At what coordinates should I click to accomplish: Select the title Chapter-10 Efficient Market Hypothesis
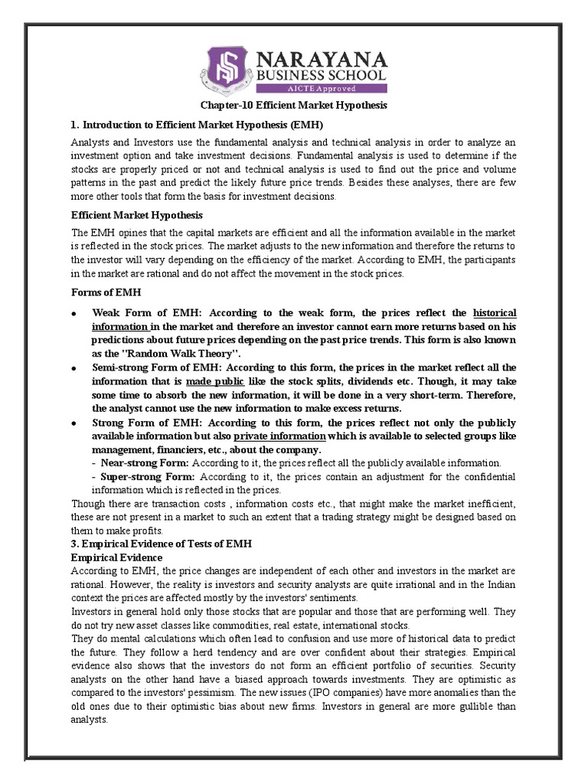(x=294, y=105)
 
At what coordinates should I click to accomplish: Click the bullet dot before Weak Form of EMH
(x=74, y=314)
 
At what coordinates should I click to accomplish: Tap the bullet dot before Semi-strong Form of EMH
(x=74, y=368)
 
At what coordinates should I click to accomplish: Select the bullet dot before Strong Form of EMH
(x=74, y=423)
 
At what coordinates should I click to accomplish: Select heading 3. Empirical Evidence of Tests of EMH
(x=162, y=544)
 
